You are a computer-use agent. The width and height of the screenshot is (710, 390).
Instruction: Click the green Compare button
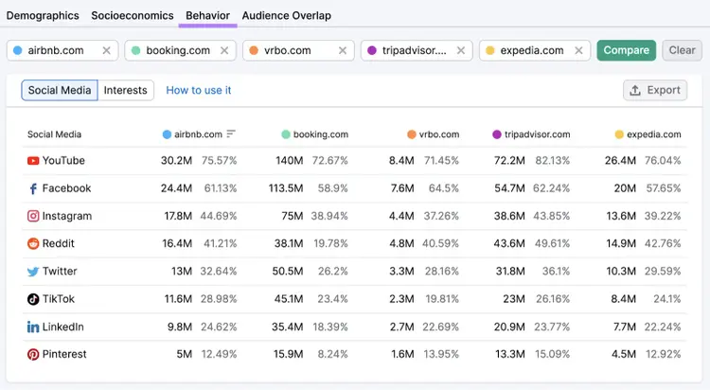627,50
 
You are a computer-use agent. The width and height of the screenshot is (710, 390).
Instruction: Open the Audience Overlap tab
287,15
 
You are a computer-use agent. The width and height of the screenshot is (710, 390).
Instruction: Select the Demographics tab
43,15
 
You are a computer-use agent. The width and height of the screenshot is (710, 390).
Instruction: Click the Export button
655,90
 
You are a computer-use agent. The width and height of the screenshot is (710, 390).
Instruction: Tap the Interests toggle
125,90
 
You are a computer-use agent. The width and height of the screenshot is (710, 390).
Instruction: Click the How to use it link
199,90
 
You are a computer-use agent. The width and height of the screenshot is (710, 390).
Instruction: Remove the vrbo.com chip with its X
343,50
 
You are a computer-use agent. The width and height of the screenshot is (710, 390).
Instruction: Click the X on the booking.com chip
224,50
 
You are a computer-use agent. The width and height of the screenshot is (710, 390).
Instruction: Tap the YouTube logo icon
33,161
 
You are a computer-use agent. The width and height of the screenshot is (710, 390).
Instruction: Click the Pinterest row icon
33,354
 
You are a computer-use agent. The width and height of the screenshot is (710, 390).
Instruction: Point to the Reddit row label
58,243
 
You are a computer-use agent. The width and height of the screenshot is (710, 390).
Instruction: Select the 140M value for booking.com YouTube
290,160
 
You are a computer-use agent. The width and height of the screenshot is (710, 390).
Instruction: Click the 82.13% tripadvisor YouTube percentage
553,160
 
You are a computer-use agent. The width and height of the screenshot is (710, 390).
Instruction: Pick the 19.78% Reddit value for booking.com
330,243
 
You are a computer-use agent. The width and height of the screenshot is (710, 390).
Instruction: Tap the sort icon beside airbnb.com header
231,133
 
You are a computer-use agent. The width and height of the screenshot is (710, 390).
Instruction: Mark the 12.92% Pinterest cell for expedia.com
663,354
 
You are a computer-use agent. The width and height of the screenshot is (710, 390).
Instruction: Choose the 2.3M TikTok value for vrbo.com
401,299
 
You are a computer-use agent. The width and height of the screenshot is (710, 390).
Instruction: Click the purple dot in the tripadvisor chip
372,50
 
